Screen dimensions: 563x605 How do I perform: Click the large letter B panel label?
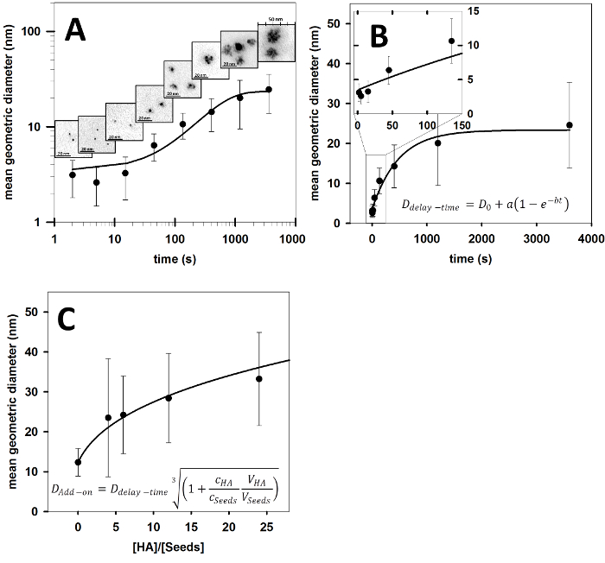point(381,35)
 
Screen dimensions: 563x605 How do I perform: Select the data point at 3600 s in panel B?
point(569,125)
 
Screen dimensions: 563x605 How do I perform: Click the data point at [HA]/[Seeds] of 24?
point(258,379)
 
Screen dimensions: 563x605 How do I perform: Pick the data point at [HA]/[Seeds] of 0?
point(78,462)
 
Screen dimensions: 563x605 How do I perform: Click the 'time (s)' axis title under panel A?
point(173,256)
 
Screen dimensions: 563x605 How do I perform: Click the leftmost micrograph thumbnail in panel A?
point(66,138)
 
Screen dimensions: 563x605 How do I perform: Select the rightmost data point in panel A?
point(269,90)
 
